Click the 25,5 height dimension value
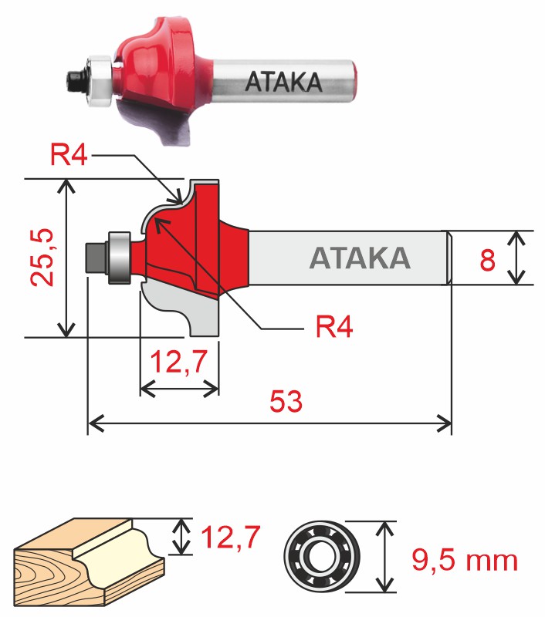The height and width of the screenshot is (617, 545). [x=41, y=257]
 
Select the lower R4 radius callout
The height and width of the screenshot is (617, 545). [x=333, y=327]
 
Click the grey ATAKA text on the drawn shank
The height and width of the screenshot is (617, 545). [x=359, y=258]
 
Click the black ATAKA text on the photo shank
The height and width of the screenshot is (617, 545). [x=283, y=82]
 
